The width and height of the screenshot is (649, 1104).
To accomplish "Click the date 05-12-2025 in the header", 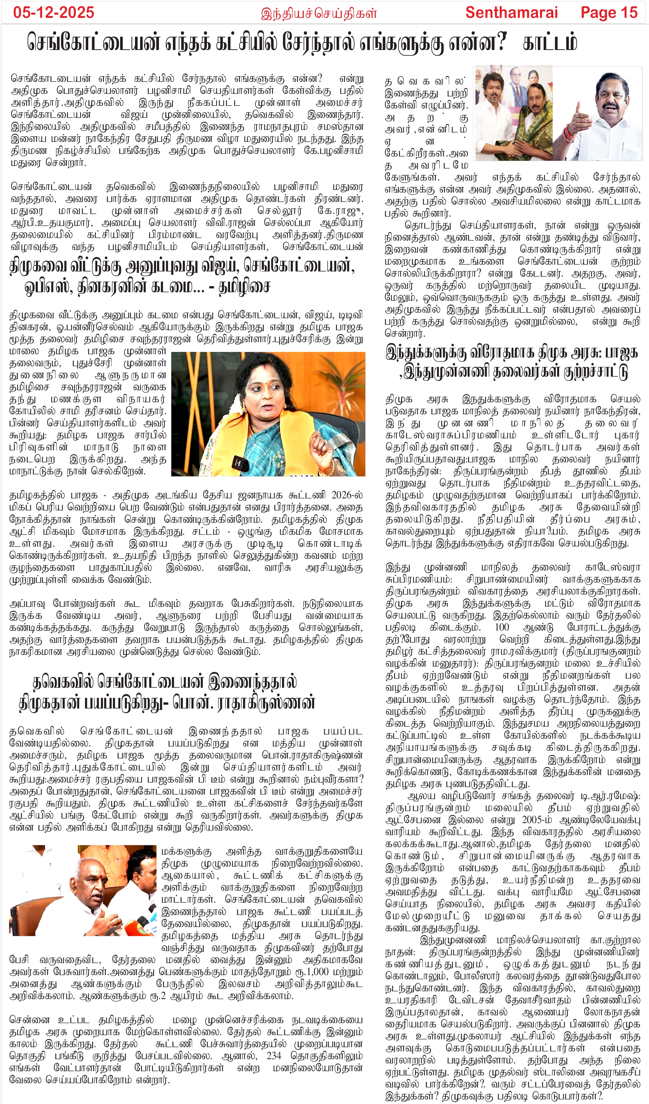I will (54, 12).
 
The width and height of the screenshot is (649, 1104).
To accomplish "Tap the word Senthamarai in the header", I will (511, 12).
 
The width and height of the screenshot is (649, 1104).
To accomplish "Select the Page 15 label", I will (609, 12).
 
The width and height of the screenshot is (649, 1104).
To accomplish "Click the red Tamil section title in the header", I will (319, 13).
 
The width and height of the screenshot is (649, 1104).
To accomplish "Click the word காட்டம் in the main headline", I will (550, 43).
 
